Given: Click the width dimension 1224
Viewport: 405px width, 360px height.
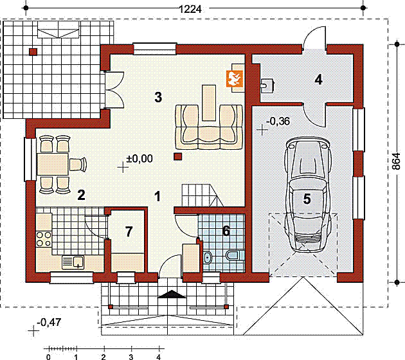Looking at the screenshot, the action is point(190,9).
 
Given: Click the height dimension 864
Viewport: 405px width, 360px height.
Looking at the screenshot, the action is point(396,161).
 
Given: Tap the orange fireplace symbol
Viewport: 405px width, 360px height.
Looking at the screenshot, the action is point(235,78).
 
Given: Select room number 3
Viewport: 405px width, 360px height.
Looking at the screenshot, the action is point(158,97).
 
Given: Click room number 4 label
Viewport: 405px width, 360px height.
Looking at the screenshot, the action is point(318,80).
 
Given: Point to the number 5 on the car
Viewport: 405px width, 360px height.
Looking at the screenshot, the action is point(307,199).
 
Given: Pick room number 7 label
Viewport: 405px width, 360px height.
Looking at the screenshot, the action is point(129,231).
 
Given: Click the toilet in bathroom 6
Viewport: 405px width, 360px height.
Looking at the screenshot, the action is point(235,256).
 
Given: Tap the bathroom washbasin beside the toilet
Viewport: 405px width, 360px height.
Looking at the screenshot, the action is point(208,257).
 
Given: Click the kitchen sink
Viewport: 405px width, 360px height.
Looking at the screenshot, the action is point(73,262).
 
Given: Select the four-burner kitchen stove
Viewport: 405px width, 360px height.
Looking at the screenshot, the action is point(44,239).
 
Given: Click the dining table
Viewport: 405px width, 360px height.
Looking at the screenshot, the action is point(53,164).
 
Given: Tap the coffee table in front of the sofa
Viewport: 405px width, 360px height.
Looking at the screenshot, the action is point(209,103).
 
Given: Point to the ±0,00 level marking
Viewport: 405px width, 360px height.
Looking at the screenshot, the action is point(139,159).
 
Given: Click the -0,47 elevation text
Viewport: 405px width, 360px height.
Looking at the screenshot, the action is point(49,322).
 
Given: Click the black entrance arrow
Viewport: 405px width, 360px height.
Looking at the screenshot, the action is point(172,294).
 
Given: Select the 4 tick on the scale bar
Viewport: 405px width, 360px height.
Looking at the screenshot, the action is point(159,357).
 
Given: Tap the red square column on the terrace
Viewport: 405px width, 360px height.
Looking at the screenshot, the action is point(33,52).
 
